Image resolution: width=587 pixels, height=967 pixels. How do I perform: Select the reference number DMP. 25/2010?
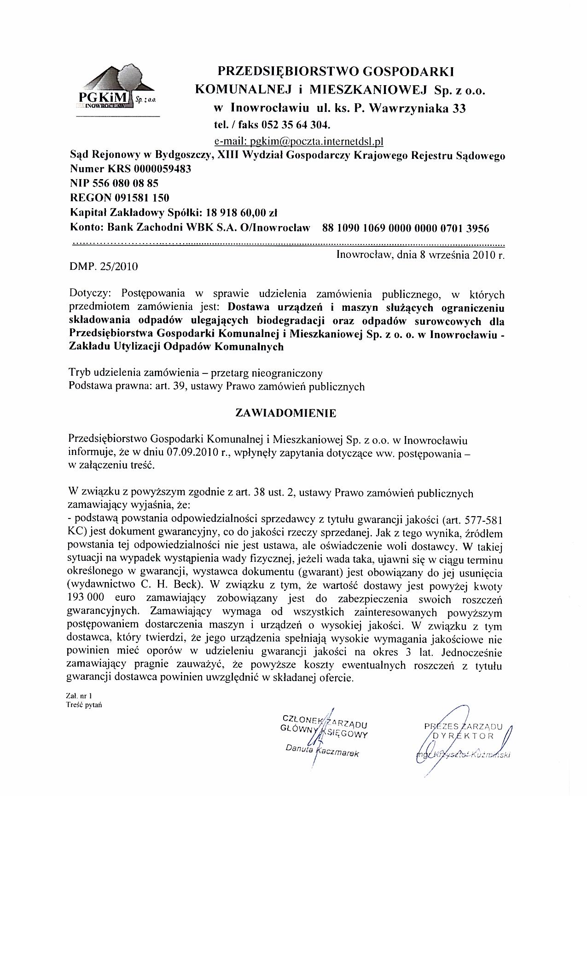[x=103, y=266]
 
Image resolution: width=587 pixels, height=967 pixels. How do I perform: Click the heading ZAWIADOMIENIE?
[x=286, y=413]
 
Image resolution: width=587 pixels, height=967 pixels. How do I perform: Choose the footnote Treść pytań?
[x=83, y=705]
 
